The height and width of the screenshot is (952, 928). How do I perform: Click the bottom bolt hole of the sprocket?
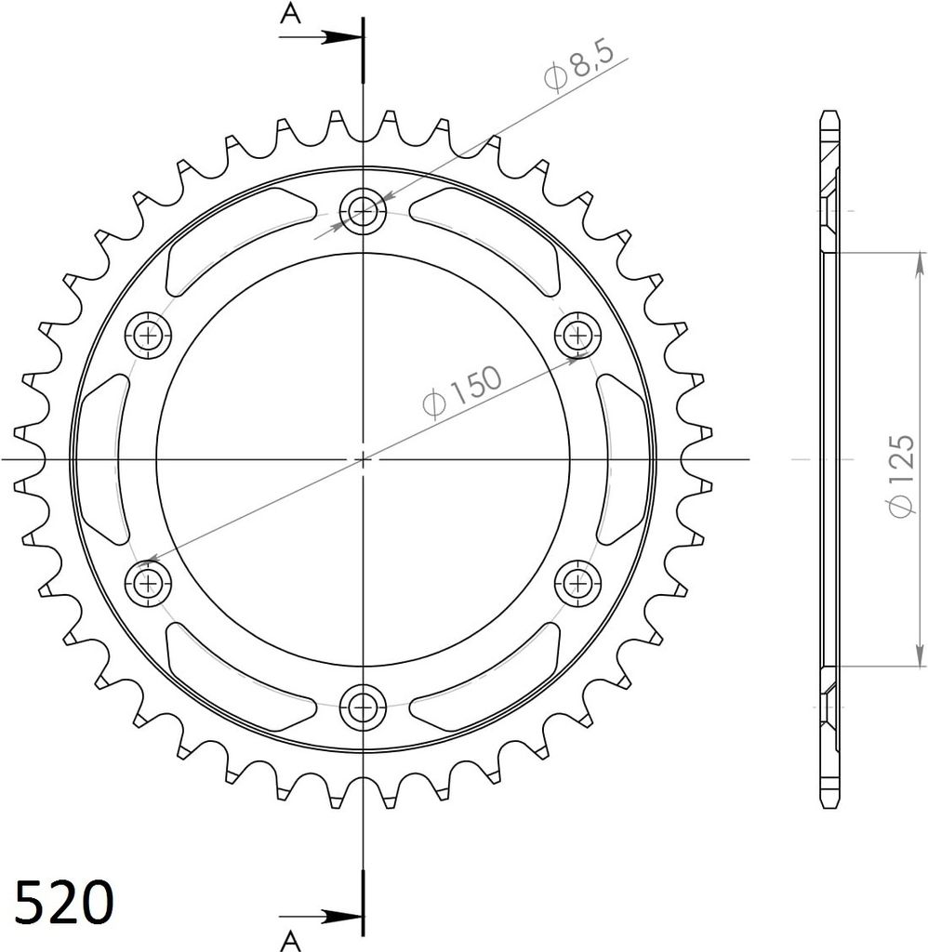point(363,708)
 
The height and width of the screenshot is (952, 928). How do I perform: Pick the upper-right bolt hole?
point(577,336)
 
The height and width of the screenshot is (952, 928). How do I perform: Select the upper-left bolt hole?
point(148,336)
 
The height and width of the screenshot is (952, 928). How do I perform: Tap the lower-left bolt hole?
point(148,584)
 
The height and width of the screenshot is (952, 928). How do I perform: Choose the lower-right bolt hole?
point(577,584)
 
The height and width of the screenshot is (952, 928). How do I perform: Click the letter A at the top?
point(291,13)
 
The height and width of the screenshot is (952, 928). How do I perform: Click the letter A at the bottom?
point(291,940)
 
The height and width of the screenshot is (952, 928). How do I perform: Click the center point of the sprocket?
point(363,459)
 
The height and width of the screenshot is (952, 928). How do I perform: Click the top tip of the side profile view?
point(829,115)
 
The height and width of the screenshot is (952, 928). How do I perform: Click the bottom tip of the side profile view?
point(829,805)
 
